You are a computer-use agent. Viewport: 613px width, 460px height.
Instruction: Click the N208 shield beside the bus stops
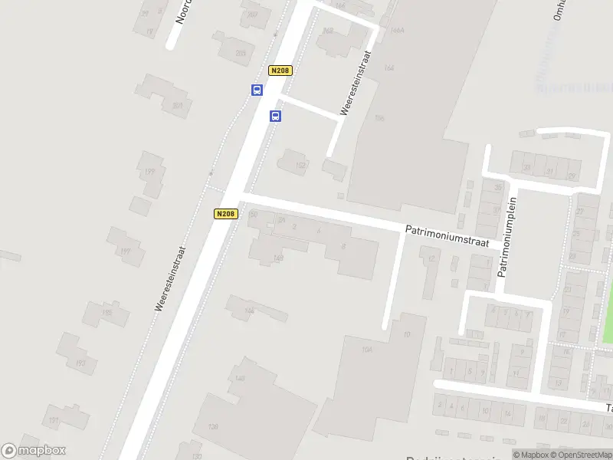click(280, 71)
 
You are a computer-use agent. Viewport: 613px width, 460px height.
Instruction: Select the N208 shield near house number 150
click(225, 214)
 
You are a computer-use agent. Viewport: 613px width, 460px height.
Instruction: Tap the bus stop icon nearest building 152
click(275, 117)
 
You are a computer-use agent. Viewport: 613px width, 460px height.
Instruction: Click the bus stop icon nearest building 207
click(257, 90)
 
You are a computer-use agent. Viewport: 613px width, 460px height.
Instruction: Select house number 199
click(150, 172)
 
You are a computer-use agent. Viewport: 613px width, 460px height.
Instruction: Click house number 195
click(107, 313)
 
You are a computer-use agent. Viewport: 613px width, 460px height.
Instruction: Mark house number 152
click(301, 165)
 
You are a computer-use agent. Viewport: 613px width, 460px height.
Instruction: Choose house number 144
click(249, 310)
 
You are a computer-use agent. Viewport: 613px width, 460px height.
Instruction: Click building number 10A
click(366, 349)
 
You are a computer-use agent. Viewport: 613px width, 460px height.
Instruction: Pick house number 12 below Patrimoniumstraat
click(431, 259)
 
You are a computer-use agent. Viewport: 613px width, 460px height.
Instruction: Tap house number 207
click(178, 105)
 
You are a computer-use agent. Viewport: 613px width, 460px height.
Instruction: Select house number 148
click(278, 258)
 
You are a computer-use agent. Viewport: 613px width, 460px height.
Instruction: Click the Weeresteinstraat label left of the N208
click(171, 278)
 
